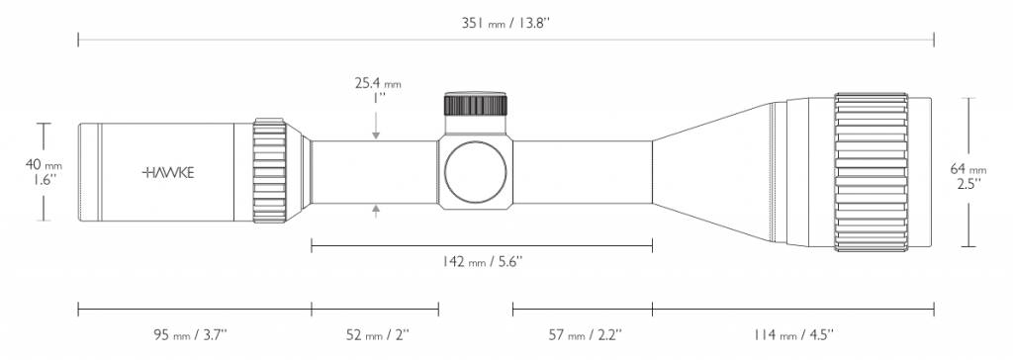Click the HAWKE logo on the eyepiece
click(x=169, y=172)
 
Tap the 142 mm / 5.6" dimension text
click(x=481, y=261)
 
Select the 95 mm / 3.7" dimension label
click(x=194, y=333)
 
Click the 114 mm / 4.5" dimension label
click(x=792, y=333)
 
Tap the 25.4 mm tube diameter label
click(x=378, y=84)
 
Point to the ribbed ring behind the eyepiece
click(x=269, y=172)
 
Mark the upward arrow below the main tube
click(x=376, y=209)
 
